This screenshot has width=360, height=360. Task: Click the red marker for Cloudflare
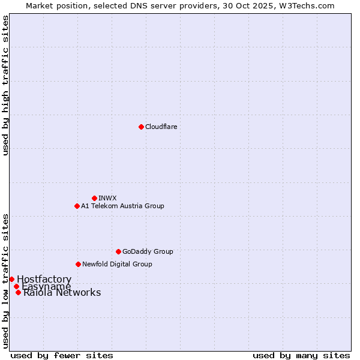click(141, 127)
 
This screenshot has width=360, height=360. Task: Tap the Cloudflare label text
click(161, 127)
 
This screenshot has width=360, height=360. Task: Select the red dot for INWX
click(94, 198)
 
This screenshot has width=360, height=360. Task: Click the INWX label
click(107, 198)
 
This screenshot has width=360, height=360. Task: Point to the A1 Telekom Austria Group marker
click(77, 206)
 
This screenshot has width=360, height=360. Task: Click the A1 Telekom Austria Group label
click(122, 206)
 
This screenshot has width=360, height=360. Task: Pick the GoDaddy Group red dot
click(118, 251)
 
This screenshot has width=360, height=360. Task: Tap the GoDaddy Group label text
click(148, 251)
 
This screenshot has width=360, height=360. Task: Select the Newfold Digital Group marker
click(78, 264)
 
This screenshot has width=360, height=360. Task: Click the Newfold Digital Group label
click(117, 264)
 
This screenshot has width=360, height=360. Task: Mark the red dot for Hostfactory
click(11, 279)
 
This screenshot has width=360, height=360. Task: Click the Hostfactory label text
click(44, 280)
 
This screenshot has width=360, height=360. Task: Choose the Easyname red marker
click(16, 286)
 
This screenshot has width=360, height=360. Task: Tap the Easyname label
click(46, 287)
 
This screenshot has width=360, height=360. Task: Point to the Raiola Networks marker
click(18, 292)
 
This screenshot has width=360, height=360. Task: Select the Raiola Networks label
click(62, 293)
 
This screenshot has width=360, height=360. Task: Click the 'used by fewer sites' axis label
click(62, 355)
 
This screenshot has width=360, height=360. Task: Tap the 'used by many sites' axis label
click(301, 355)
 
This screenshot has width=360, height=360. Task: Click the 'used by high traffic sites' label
click(6, 85)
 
